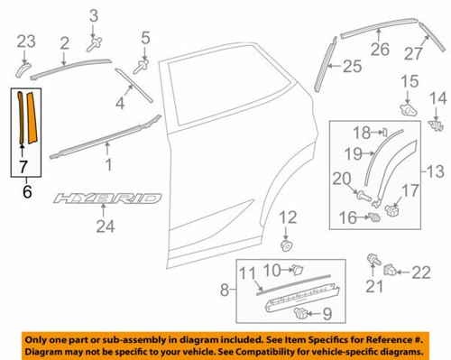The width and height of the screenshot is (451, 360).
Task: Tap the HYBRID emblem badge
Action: (107, 198)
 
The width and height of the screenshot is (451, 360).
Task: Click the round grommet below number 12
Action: (287, 244)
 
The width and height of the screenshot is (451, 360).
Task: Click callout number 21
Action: (372, 286)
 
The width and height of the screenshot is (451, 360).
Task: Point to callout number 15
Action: (410, 83)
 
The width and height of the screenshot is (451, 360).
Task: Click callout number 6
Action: (24, 191)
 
